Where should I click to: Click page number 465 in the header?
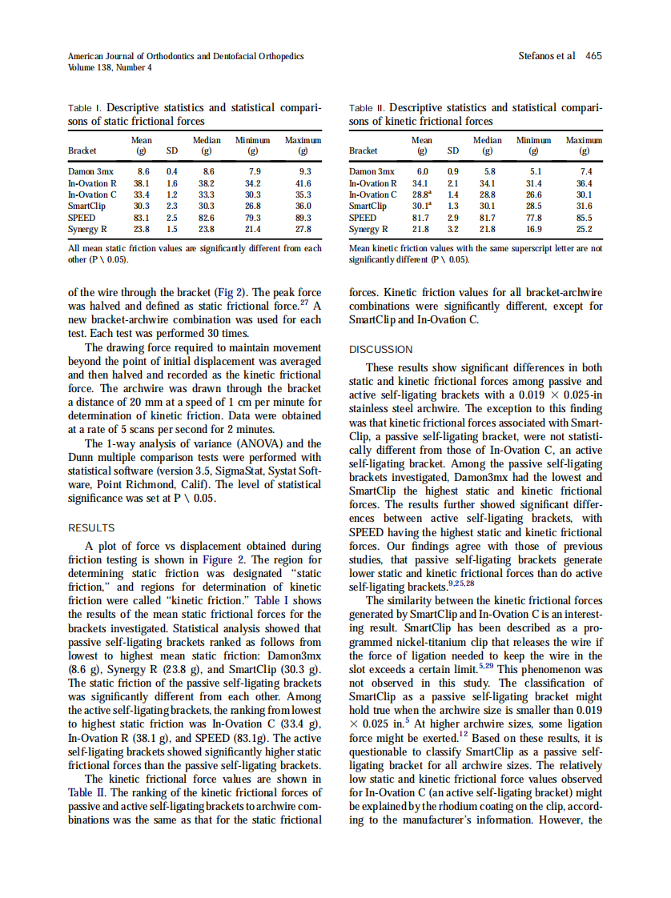pos(593,56)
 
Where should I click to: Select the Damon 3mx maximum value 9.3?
pos(303,171)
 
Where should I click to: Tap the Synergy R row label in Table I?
pos(88,228)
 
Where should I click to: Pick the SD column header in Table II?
pos(453,150)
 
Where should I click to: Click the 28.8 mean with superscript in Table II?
pos(422,194)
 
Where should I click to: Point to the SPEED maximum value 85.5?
pos(585,217)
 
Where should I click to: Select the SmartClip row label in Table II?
pos(368,206)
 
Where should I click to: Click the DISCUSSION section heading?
pos(381,350)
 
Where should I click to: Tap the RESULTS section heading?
pos(91,528)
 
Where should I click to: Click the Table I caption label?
pos(85,107)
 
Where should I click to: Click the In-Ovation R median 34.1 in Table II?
pos(487,182)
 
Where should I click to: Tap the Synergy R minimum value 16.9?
pos(535,228)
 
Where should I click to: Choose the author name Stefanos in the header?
pos(540,56)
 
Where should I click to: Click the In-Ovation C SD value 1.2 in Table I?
pos(171,194)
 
